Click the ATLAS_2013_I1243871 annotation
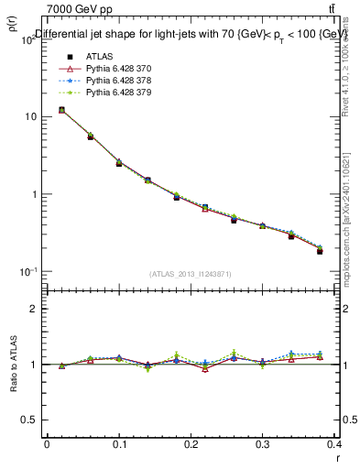coord(190,275)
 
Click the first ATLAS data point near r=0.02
coord(61,110)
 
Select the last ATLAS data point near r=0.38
coord(320,251)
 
